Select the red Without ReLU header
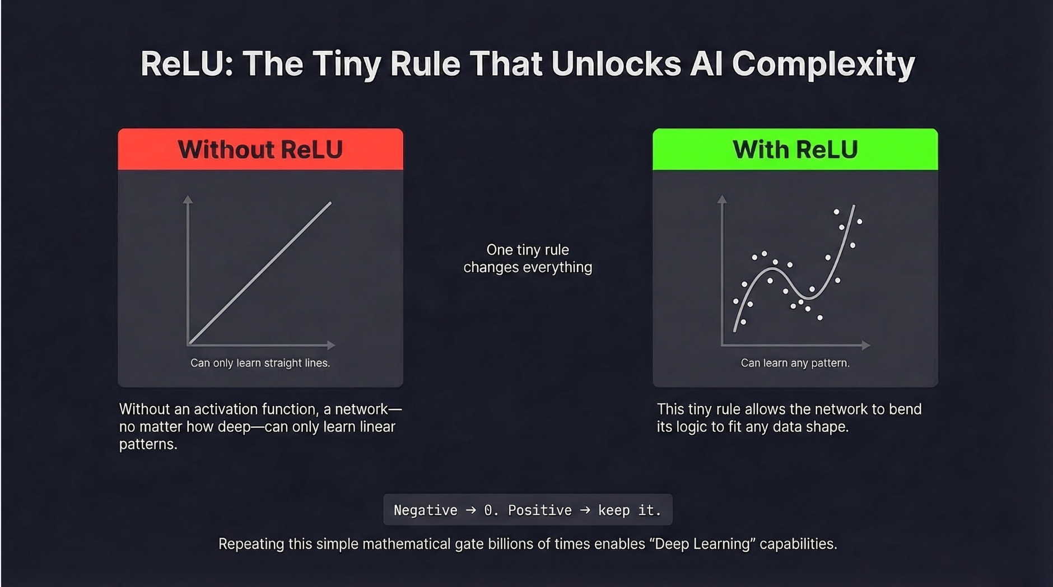click(x=260, y=150)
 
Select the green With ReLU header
click(x=795, y=150)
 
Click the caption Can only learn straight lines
click(x=260, y=363)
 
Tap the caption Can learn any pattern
click(x=795, y=363)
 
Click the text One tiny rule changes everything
click(x=527, y=258)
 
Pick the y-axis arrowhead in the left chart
click(x=188, y=199)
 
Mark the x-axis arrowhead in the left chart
click(x=331, y=345)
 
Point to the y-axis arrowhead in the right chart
click(x=722, y=199)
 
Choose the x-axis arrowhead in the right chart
click(x=866, y=345)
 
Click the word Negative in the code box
click(x=425, y=510)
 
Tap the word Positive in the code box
click(x=539, y=510)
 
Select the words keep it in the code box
click(x=628, y=510)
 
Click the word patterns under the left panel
click(x=147, y=444)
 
